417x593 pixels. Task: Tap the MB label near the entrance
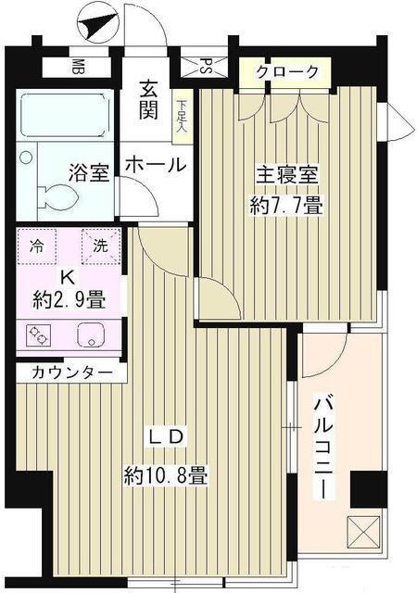80,67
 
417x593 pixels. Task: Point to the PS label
207,67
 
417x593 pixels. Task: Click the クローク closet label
288,71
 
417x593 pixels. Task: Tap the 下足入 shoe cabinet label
183,115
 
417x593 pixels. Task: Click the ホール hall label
155,165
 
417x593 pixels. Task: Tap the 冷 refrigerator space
36,246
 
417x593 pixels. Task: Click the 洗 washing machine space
99,246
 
